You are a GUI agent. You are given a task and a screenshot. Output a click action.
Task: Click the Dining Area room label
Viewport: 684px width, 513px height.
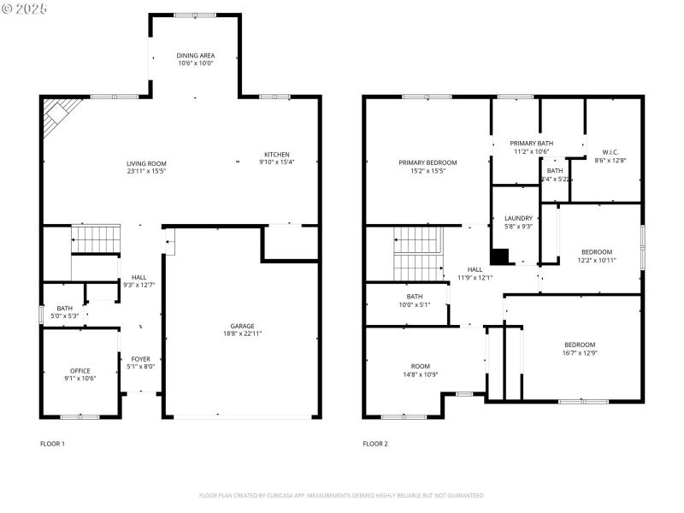pos(196,56)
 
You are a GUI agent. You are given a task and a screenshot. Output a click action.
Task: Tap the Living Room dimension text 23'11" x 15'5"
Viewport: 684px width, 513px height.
pos(146,171)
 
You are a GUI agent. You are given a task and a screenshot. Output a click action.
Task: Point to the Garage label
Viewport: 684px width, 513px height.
pos(242,326)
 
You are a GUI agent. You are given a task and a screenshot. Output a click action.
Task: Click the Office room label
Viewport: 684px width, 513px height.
pos(80,370)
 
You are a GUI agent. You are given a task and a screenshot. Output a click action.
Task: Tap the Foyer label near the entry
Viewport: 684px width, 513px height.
pos(140,358)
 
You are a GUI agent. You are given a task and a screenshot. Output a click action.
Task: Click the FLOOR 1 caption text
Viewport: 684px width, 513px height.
pos(52,444)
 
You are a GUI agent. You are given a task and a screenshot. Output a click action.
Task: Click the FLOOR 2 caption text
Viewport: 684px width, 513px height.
pos(375,444)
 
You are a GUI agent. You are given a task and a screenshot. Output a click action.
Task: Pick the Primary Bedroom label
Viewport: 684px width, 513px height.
pos(427,162)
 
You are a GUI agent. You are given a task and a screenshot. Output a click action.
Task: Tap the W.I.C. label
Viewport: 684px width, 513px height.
pos(610,152)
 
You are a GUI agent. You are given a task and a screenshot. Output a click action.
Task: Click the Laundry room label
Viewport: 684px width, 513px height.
pos(518,218)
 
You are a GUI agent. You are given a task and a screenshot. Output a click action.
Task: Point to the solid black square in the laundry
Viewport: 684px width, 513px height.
pos(499,256)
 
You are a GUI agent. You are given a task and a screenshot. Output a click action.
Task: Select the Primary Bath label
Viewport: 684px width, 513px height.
pos(532,143)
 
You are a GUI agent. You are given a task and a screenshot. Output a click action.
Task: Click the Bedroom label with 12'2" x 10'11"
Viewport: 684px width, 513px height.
pos(596,251)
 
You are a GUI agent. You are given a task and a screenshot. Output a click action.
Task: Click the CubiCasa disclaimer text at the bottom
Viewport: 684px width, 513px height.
pos(342,495)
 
